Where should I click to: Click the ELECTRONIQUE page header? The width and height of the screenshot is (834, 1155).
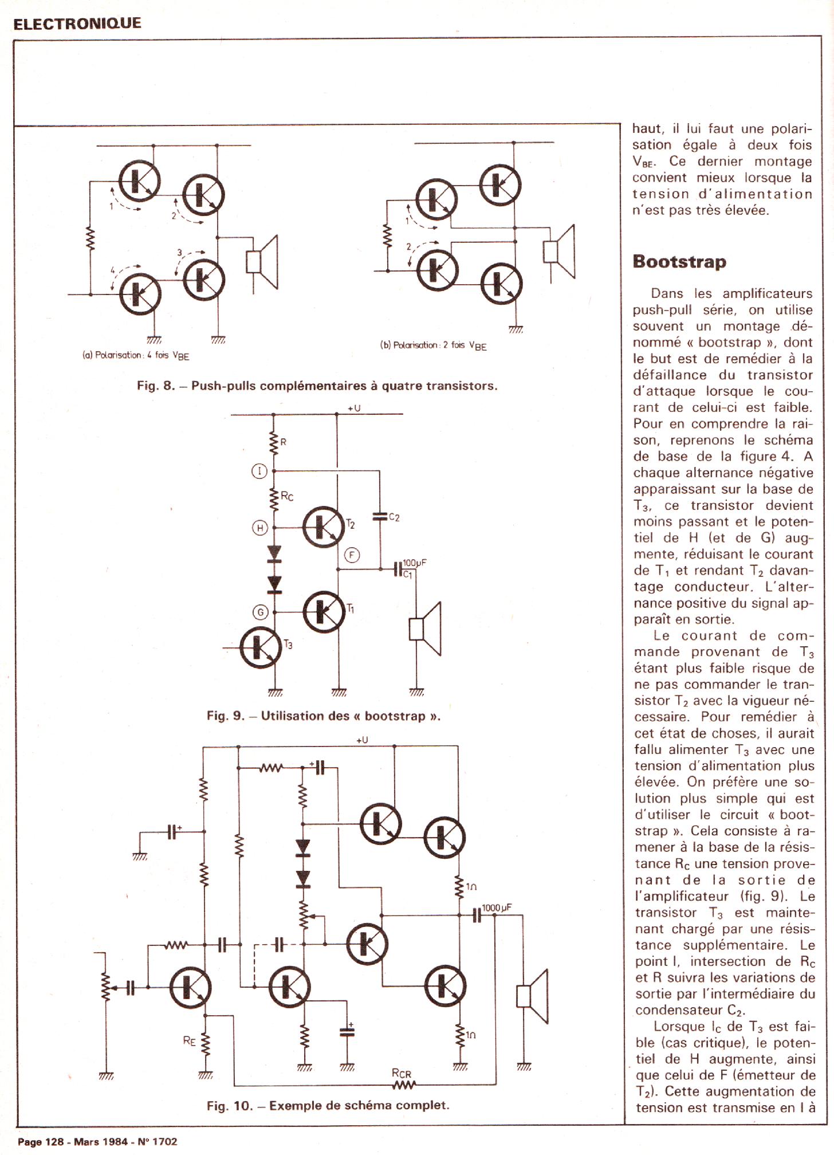point(77,23)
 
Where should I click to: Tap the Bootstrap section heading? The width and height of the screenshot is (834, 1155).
point(679,262)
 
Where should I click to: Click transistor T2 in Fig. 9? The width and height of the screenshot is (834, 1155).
point(324,527)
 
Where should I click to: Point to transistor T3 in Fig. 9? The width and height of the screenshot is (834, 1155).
point(261,647)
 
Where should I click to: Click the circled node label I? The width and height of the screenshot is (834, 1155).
point(259,471)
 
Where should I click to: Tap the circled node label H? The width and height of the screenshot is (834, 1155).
point(260,528)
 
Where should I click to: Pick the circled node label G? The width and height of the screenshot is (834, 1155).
point(260,612)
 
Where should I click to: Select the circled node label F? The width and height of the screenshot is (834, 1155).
point(352,555)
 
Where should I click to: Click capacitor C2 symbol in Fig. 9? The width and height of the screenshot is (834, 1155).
point(379,517)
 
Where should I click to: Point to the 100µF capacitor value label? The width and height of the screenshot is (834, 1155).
point(415,563)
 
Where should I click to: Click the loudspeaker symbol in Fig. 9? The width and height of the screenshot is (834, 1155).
point(426,628)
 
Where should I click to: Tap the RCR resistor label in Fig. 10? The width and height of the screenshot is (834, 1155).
point(402,1074)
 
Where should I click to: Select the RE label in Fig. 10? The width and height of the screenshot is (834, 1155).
point(190,1040)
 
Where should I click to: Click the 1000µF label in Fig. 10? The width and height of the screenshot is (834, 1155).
point(496,908)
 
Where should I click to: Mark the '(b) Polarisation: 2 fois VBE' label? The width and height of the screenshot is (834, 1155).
point(433,345)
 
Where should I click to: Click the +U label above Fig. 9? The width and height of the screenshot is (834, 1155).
point(354,408)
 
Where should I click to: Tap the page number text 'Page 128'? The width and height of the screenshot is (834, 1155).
point(41,1141)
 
